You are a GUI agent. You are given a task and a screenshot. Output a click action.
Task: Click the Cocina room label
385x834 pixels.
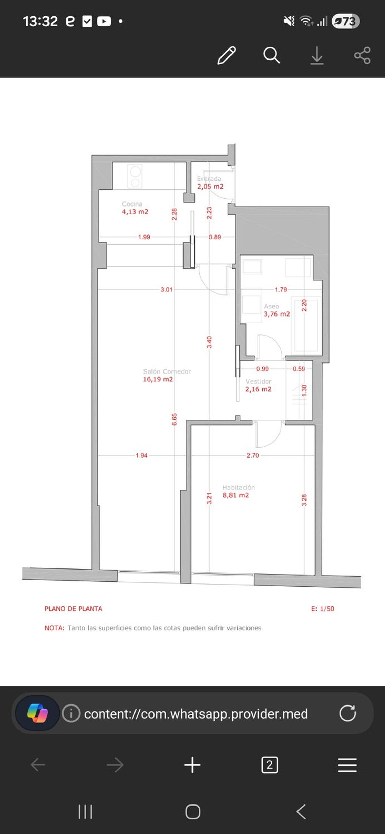[x=132, y=204]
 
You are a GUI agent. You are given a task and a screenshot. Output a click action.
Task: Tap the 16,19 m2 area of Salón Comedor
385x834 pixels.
[x=158, y=379]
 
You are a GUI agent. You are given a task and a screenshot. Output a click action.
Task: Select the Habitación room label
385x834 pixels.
[x=238, y=488]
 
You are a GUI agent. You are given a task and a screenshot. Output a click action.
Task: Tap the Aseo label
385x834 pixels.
[x=271, y=306]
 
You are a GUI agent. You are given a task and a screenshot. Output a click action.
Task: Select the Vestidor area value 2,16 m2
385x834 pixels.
[x=258, y=389]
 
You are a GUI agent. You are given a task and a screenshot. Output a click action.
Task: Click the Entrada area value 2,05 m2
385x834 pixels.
[x=210, y=187]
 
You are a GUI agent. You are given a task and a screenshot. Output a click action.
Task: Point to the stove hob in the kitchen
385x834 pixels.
[x=135, y=176]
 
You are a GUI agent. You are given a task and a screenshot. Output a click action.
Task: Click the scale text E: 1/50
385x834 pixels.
[x=323, y=609]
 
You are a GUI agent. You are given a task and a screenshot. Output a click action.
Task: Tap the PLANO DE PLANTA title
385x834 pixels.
[x=73, y=609]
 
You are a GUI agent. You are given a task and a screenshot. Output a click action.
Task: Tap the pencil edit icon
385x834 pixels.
[x=226, y=55]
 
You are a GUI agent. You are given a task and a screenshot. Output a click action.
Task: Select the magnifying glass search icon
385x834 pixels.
[x=271, y=55]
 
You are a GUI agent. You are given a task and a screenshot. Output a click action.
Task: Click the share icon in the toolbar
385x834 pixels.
[x=362, y=55]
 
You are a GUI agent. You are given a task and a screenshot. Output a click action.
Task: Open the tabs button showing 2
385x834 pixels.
[x=269, y=765]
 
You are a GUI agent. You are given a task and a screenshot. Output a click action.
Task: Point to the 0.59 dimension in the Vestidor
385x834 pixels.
[x=299, y=369]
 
